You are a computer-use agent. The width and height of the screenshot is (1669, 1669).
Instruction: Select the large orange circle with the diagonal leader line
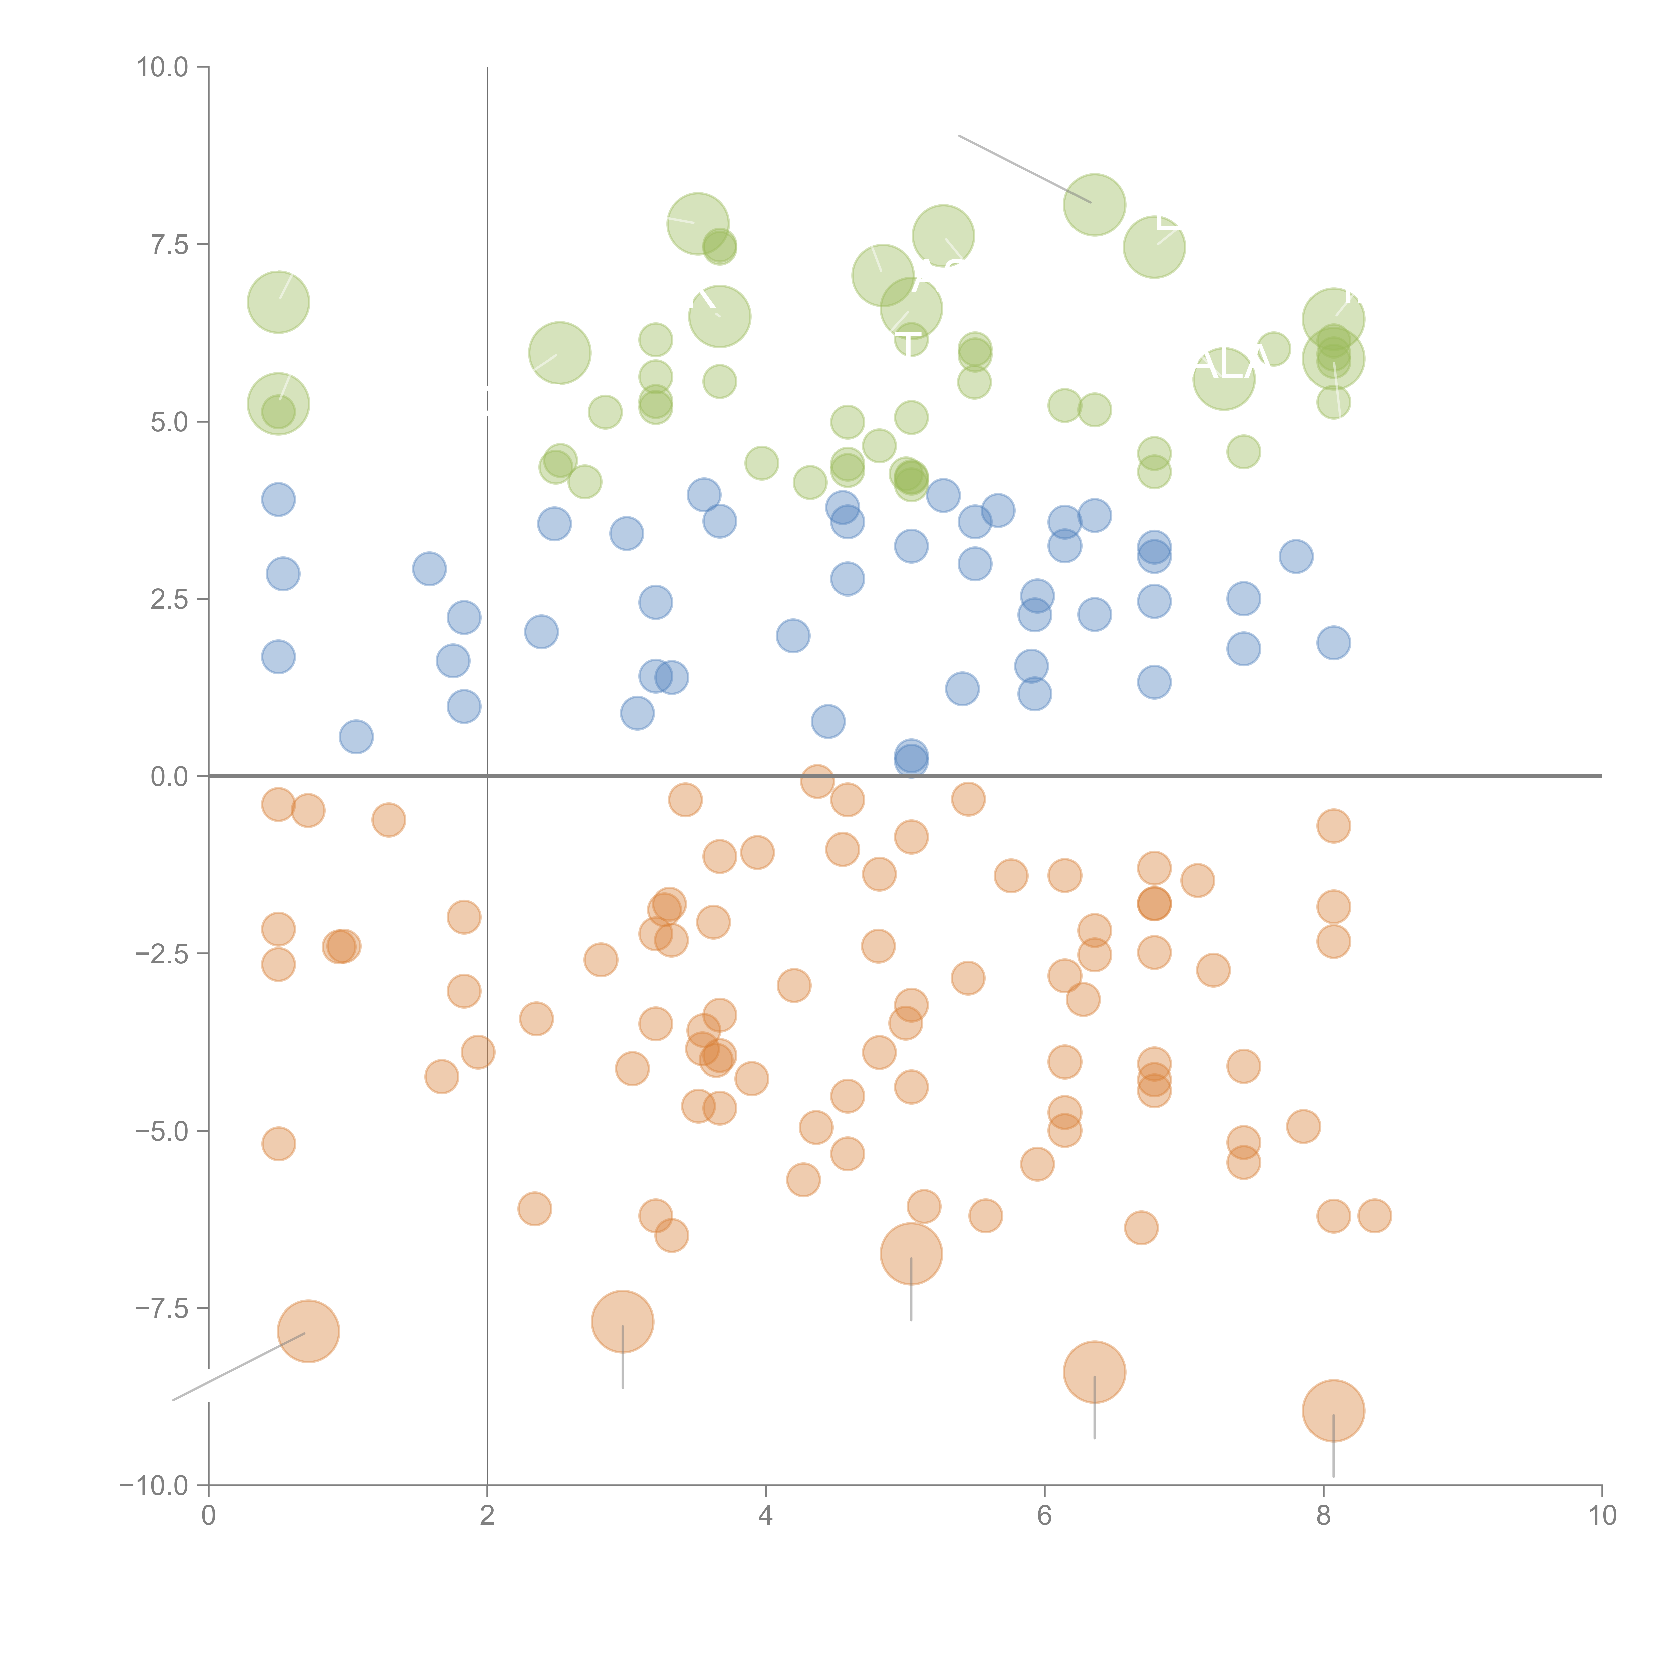(308, 1331)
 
